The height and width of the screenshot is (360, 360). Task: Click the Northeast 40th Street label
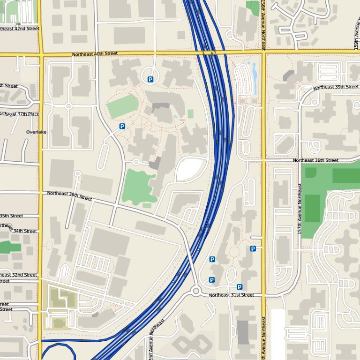[95, 54]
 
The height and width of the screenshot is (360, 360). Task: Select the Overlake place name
[36, 132]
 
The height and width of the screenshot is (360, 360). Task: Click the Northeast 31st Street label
[231, 295]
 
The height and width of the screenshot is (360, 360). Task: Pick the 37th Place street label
[20, 114]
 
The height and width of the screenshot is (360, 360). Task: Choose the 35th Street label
[11, 216]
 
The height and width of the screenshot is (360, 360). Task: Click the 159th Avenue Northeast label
[356, 33]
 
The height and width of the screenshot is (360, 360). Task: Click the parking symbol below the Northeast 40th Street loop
[150, 80]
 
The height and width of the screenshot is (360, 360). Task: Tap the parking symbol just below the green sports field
[122, 126]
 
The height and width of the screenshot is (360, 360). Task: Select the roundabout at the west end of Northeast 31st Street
[196, 292]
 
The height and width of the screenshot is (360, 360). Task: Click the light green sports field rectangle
[122, 107]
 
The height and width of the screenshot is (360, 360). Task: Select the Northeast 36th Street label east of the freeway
[315, 160]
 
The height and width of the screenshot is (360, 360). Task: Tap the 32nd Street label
[19, 275]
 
